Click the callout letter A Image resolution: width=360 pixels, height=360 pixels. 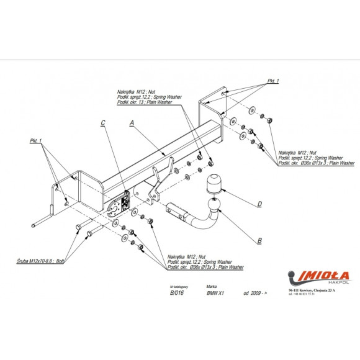click(132, 124)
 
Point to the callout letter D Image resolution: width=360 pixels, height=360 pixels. click(259, 203)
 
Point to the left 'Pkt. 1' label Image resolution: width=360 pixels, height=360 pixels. click(37, 142)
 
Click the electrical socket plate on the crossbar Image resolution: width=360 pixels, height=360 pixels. click(120, 204)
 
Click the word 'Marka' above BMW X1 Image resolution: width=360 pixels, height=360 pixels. click(212, 287)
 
